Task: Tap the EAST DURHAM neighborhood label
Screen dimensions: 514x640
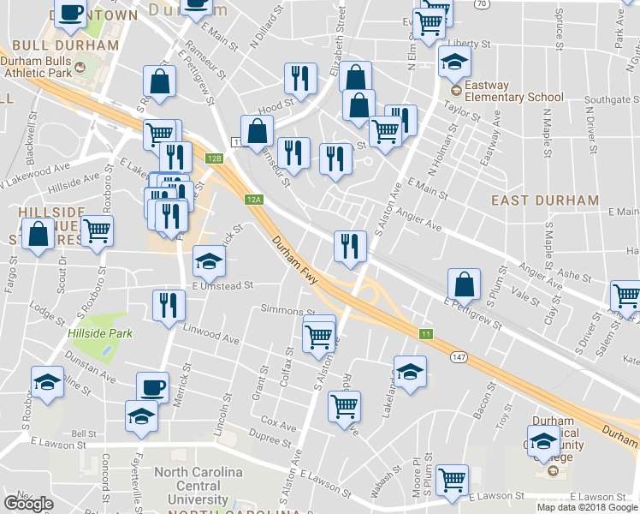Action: (x=545, y=200)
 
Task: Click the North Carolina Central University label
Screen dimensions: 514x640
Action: (x=198, y=486)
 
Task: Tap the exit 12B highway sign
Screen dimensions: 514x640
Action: (x=214, y=158)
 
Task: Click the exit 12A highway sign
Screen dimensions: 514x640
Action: (x=252, y=200)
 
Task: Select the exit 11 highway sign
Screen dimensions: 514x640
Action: (x=424, y=332)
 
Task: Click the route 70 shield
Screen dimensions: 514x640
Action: (x=483, y=4)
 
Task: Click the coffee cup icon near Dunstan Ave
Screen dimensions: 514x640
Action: (x=152, y=386)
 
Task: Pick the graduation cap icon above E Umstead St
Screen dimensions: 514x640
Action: (x=208, y=259)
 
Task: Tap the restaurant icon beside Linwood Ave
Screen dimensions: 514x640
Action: (x=169, y=304)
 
